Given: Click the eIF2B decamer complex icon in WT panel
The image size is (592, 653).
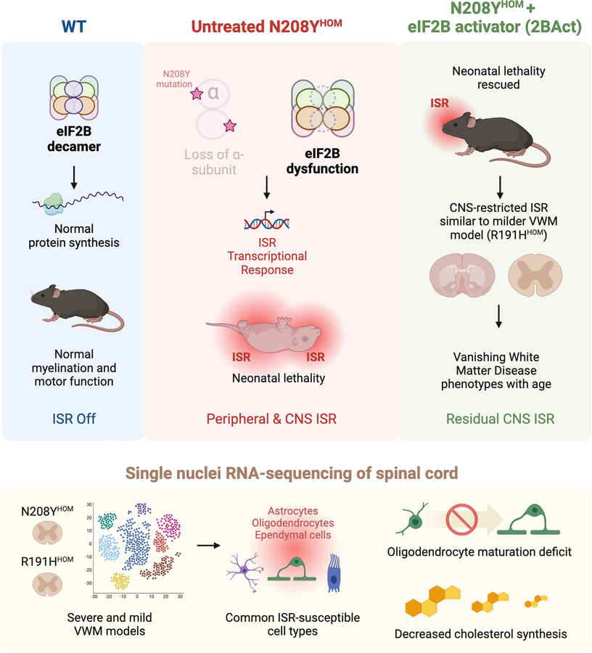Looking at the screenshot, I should click(x=73, y=94).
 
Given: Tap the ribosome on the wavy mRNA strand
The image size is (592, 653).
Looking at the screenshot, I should click(x=54, y=204).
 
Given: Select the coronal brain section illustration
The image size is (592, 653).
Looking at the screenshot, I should click(x=456, y=279).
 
